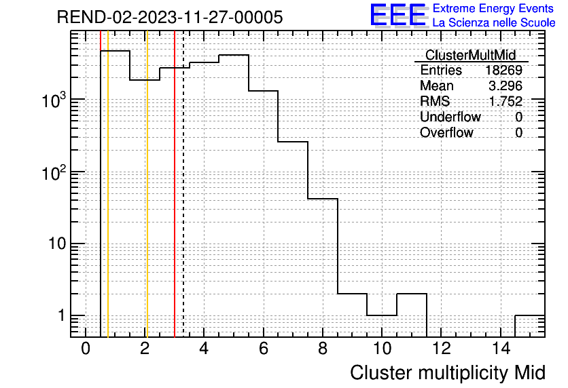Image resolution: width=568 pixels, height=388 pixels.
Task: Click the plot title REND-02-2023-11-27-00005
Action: coord(170,17)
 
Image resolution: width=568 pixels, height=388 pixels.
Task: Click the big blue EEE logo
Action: coord(399,15)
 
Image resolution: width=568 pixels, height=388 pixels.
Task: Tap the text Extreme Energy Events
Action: coord(493,8)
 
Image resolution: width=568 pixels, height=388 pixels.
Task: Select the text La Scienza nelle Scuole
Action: coord(494,23)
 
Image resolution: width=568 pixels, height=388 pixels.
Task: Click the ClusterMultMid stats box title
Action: coord(470,56)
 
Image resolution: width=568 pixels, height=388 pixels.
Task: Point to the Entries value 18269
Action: coord(504,70)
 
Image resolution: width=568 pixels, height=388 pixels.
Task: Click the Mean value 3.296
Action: coord(505,85)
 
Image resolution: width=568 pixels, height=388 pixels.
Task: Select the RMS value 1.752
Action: coord(505,101)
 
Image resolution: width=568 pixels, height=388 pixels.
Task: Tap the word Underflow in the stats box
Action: coord(450,117)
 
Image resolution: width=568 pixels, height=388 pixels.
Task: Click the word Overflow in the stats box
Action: coord(446,132)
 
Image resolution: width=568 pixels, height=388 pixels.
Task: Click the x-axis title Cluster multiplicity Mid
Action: coord(448,373)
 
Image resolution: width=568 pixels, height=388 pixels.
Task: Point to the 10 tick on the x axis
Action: coord(382,349)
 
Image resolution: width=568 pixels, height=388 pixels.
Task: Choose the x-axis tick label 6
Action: coord(264,349)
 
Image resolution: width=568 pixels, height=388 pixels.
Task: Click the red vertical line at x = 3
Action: coord(175,184)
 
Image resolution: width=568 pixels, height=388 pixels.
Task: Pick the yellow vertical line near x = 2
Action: coord(147,184)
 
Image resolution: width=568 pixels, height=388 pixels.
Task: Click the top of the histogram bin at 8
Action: coord(323,199)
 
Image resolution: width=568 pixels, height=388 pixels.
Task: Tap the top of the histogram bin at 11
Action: coord(412,294)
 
